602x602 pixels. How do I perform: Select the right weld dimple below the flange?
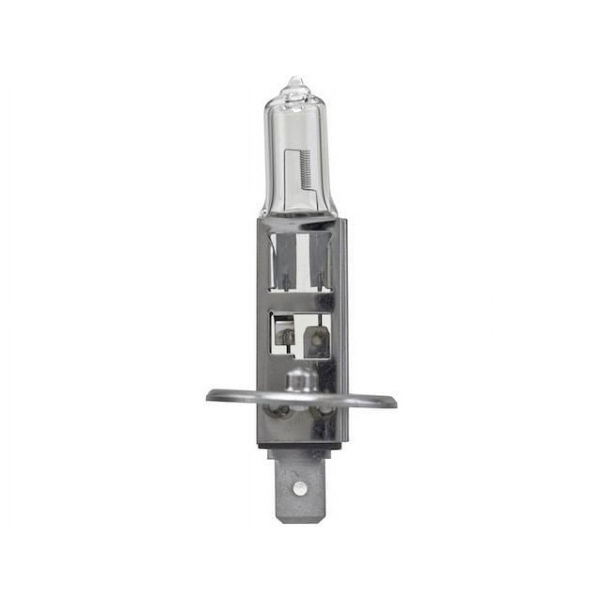324,413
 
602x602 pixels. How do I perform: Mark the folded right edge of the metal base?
342,329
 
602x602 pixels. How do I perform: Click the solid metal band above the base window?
300,300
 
